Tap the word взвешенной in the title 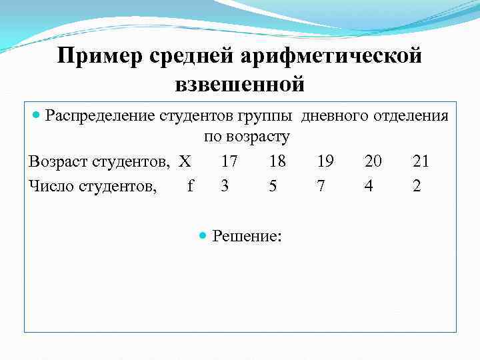(x=239, y=85)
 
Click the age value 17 (x=229, y=162)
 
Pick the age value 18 (x=277, y=162)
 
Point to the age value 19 (x=325, y=162)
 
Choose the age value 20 (x=374, y=162)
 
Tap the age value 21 (x=421, y=162)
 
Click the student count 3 (x=225, y=186)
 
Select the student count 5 (x=273, y=186)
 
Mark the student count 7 (x=321, y=186)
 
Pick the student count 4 (x=369, y=186)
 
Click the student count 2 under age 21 (x=417, y=186)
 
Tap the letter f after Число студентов (x=191, y=186)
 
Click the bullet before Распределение (x=37, y=115)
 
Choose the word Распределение (x=100, y=116)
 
